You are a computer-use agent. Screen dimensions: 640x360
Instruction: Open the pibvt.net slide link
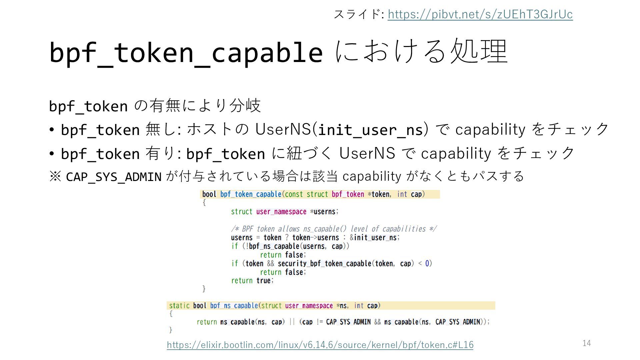click(480, 14)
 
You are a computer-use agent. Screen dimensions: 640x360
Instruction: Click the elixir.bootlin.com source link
click(320, 345)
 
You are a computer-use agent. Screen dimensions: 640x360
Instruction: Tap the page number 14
click(587, 343)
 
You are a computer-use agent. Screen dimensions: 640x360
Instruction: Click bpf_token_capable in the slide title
click(186, 53)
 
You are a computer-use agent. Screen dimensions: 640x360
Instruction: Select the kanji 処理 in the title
click(479, 52)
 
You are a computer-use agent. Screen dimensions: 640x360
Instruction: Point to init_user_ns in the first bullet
click(370, 130)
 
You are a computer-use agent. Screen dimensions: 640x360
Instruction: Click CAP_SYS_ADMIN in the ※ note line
click(114, 177)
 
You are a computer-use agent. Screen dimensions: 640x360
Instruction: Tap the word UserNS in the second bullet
click(367, 153)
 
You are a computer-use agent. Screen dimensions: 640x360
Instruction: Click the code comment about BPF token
click(334, 229)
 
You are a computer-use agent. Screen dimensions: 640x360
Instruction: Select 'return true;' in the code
click(252, 281)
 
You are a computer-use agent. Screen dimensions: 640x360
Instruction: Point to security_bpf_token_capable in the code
click(324, 264)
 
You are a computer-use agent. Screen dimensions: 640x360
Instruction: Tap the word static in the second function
click(179, 306)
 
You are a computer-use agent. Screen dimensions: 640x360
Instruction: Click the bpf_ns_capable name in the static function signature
click(234, 306)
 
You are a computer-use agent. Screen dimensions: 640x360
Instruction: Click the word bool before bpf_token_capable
click(209, 194)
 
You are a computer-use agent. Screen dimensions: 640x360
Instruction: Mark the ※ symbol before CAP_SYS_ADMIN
click(55, 176)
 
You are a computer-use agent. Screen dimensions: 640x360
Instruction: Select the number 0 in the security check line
click(427, 264)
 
